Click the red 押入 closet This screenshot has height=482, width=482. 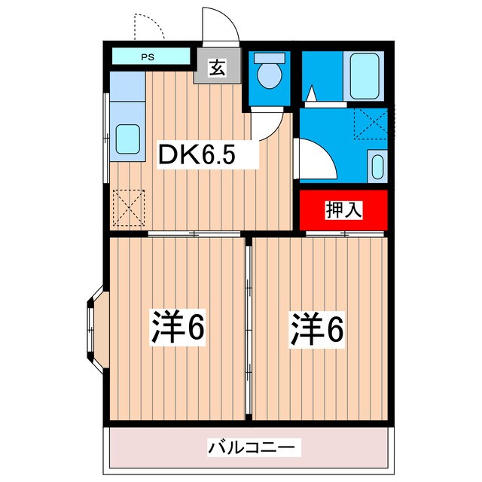[343, 210]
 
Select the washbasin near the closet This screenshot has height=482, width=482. [377, 164]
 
